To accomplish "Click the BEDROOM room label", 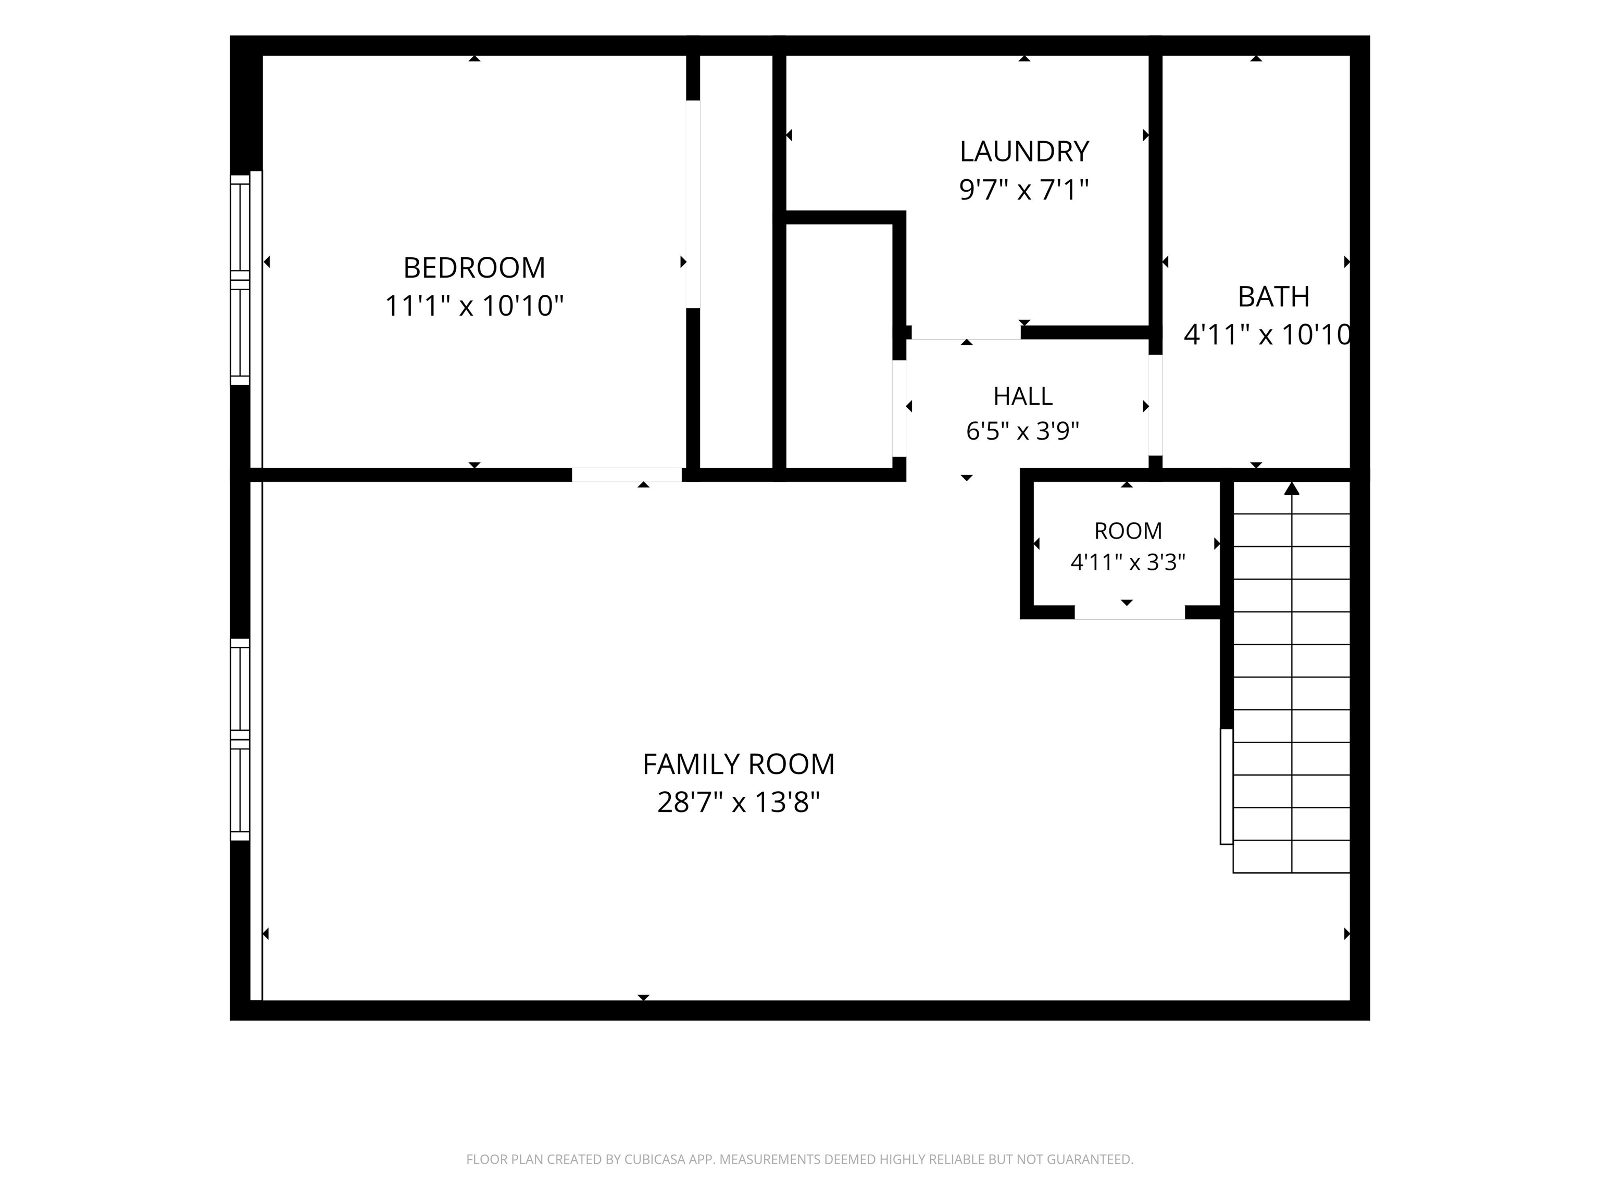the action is [x=474, y=268].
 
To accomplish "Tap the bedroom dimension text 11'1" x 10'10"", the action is [x=474, y=306].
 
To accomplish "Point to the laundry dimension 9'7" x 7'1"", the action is [x=1024, y=190].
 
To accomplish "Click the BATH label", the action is [x=1274, y=296].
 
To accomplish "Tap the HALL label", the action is [x=1023, y=396].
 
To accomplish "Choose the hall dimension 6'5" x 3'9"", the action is [x=1023, y=431].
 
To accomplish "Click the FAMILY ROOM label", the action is [x=739, y=765].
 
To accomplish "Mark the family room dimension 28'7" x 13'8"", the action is [x=739, y=802].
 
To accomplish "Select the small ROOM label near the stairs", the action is [x=1128, y=531].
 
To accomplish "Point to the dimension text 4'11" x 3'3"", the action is [x=1128, y=562].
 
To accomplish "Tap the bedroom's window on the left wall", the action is [x=240, y=280].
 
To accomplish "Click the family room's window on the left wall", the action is [x=240, y=739].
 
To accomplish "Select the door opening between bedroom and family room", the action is [x=627, y=475].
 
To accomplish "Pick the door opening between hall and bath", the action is [x=1155, y=405].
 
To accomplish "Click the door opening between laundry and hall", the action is [x=966, y=333].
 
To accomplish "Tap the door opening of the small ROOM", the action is [x=1129, y=612].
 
